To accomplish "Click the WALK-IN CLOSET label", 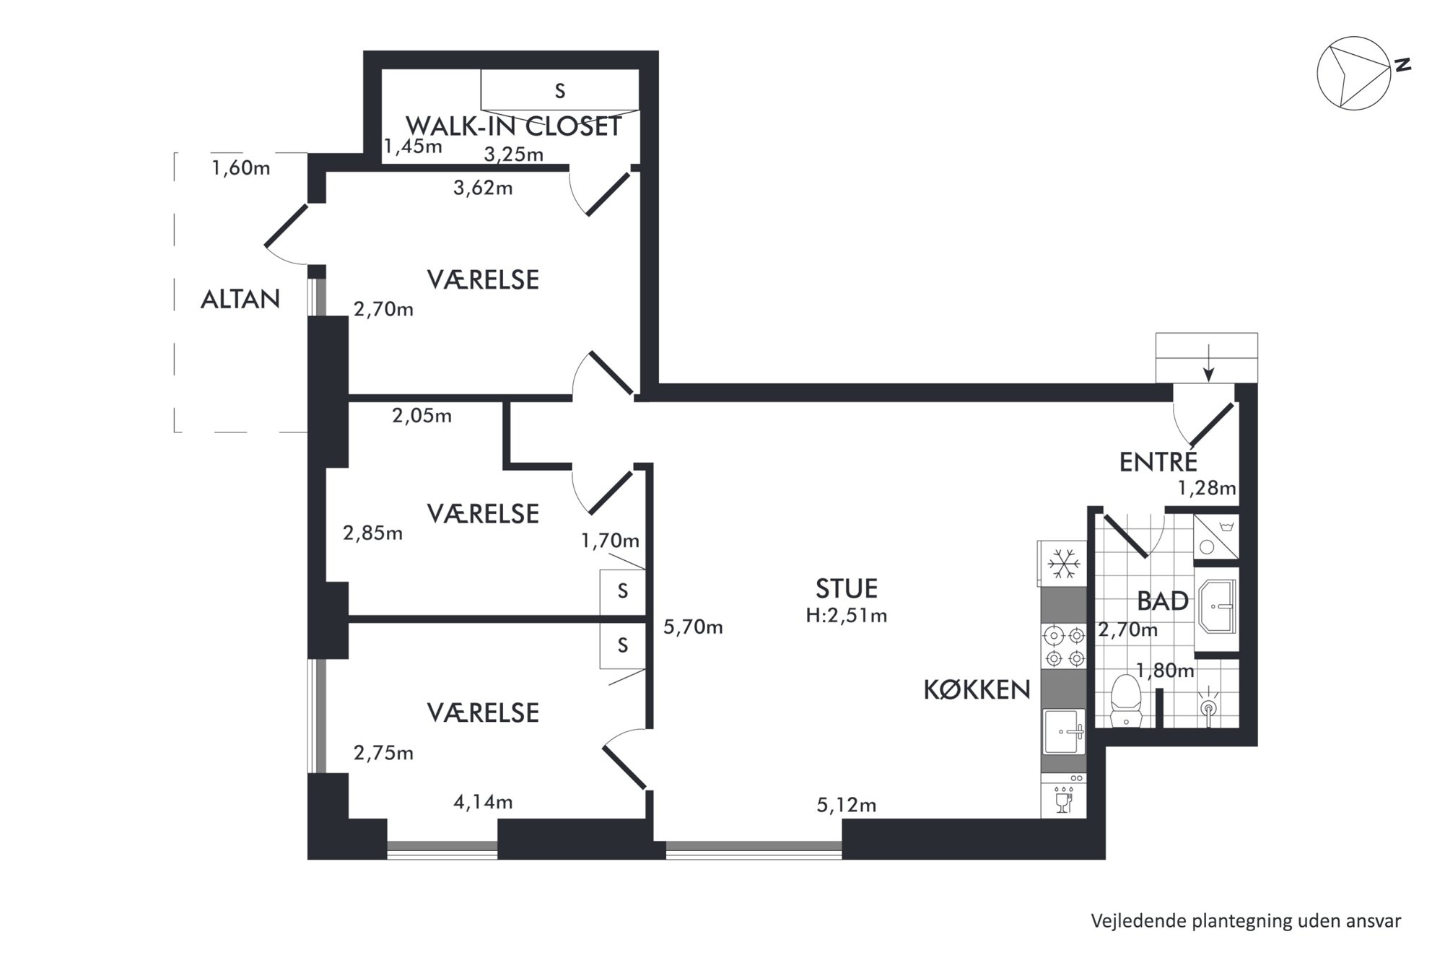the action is pyautogui.click(x=513, y=126).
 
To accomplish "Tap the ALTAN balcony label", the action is pyautogui.click(x=240, y=299).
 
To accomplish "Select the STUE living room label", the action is pyautogui.click(x=847, y=588).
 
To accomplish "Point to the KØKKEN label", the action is pyautogui.click(x=977, y=690).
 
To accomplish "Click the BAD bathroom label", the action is pyautogui.click(x=1163, y=601).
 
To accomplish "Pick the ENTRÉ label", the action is pyautogui.click(x=1158, y=461).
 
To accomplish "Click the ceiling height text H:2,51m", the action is pyautogui.click(x=847, y=616).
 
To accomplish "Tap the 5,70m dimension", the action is pyautogui.click(x=693, y=627).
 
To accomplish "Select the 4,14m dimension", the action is pyautogui.click(x=483, y=802).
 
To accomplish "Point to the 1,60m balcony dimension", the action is pyautogui.click(x=241, y=168).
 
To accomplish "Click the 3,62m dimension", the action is pyautogui.click(x=483, y=188).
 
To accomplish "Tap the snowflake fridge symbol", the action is pyautogui.click(x=1063, y=563).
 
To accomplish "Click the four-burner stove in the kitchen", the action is pyautogui.click(x=1064, y=647).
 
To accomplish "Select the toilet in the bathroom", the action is pyautogui.click(x=1125, y=700).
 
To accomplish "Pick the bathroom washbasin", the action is pyautogui.click(x=1217, y=606).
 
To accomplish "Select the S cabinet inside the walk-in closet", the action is pyautogui.click(x=560, y=91).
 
